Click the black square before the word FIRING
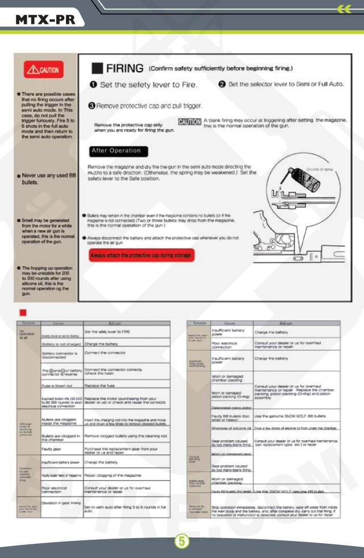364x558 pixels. coord(97,69)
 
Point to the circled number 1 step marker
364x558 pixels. coord(92,85)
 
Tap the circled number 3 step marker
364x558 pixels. coord(91,106)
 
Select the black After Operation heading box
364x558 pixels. coord(118,151)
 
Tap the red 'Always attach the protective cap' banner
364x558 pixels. coord(142,255)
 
